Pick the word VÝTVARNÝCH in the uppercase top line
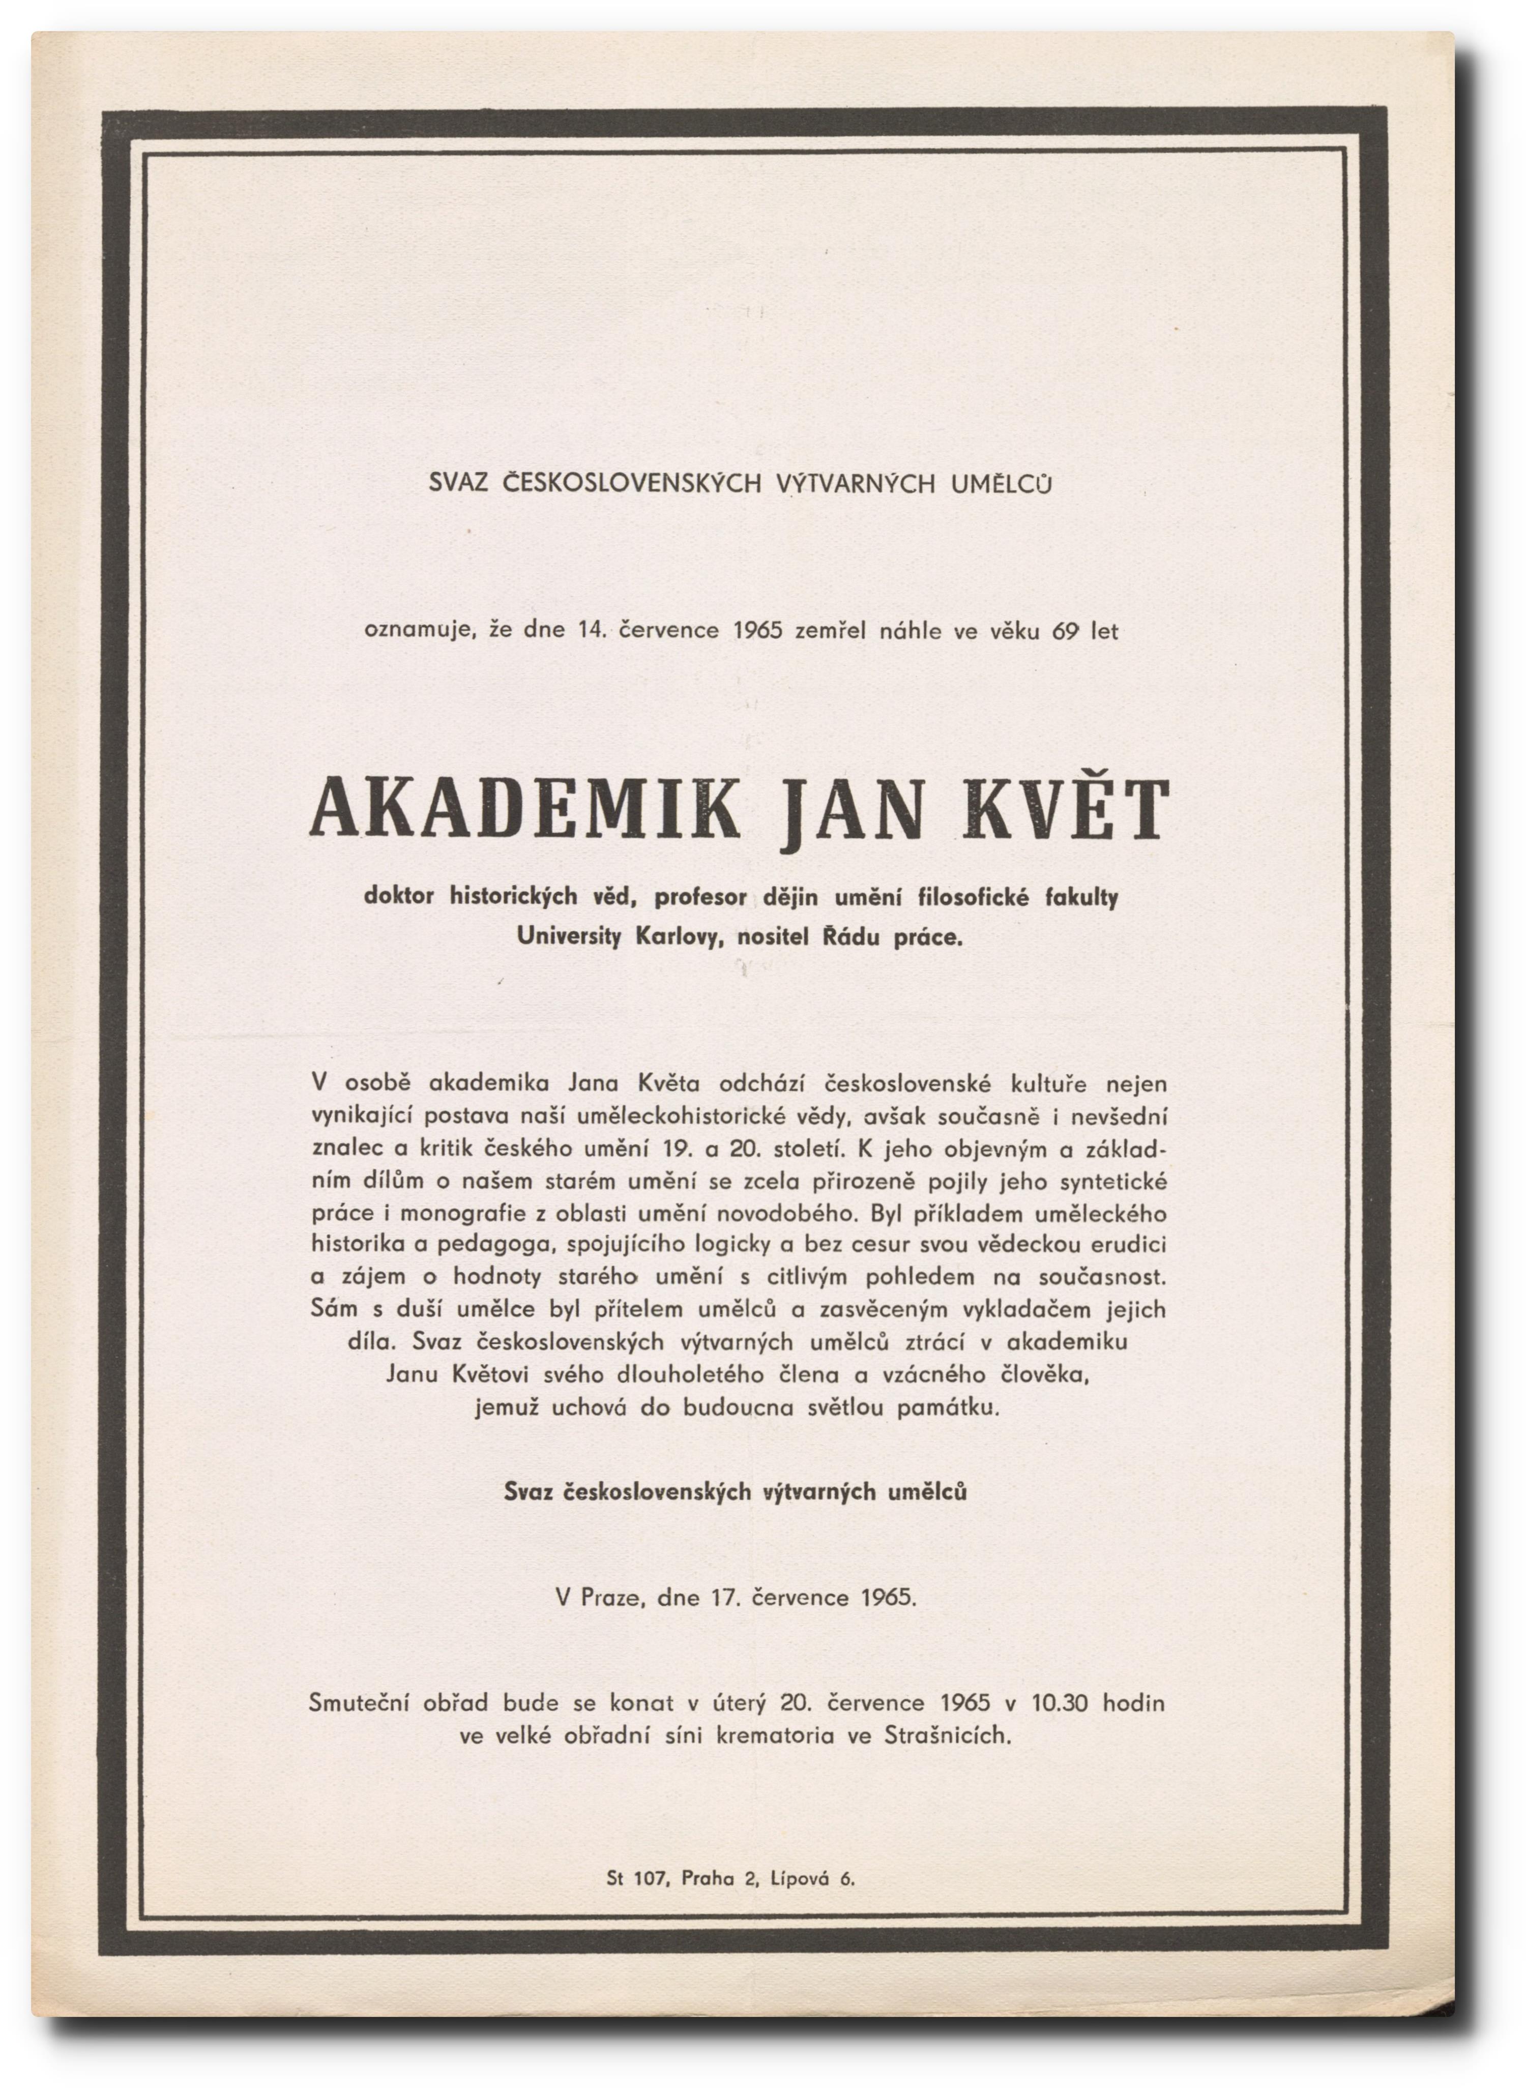tap(856, 483)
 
